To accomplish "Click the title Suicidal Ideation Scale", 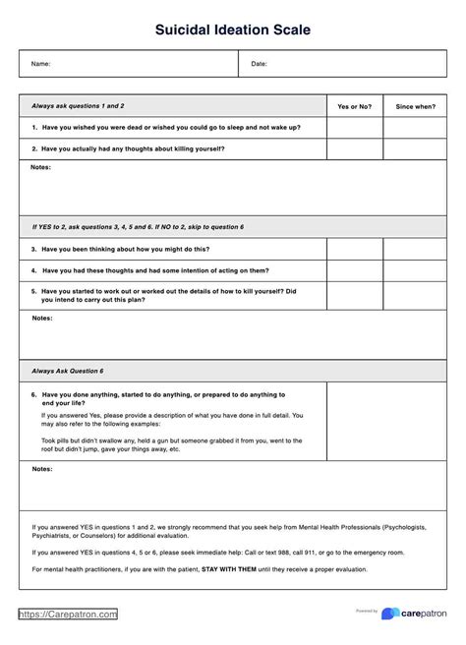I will pyautogui.click(x=233, y=30).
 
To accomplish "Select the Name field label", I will pyautogui.click(x=40, y=64).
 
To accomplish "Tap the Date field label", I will pyautogui.click(x=260, y=64).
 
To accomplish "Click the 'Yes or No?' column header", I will pyautogui.click(x=354, y=105).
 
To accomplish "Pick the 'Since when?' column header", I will pyautogui.click(x=415, y=105).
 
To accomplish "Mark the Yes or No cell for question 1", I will pyautogui.click(x=354, y=127).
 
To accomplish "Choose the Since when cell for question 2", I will pyautogui.click(x=415, y=148).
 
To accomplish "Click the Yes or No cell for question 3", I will pyautogui.click(x=354, y=249).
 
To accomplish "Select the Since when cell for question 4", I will pyautogui.click(x=415, y=270).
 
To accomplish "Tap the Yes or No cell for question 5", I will pyautogui.click(x=354, y=296).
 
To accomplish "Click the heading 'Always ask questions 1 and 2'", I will pyautogui.click(x=78, y=105).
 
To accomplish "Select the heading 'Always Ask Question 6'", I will pyautogui.click(x=68, y=371).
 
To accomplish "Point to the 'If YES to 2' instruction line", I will pyautogui.click(x=138, y=227).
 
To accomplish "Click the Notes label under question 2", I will pyautogui.click(x=41, y=168).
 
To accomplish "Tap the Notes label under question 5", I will pyautogui.click(x=41, y=319).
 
